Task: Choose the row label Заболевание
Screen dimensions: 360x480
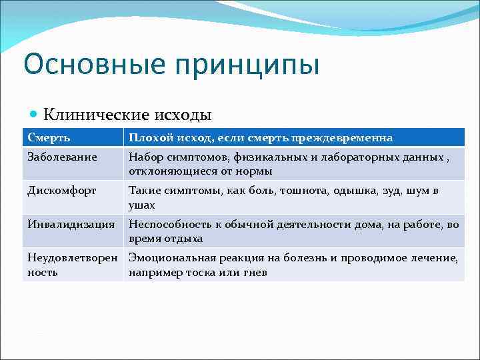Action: [62, 157]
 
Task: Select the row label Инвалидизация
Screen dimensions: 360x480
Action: [71, 224]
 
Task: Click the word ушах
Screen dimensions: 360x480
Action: [142, 205]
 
